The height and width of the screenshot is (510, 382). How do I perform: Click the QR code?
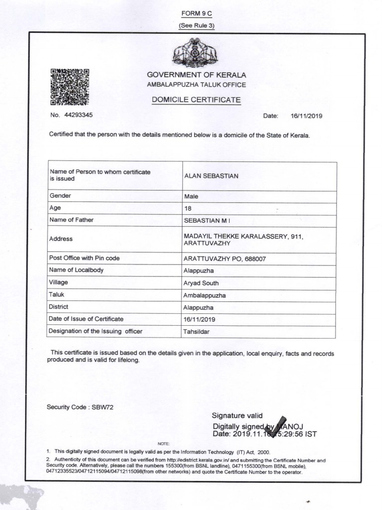pyautogui.click(x=70, y=87)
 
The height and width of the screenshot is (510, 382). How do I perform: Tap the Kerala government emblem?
pyautogui.click(x=194, y=54)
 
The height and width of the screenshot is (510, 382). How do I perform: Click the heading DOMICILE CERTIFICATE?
pyautogui.click(x=196, y=100)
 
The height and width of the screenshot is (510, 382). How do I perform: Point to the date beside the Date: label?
pyautogui.click(x=307, y=116)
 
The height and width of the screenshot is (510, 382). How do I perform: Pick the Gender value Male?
pyautogui.click(x=191, y=196)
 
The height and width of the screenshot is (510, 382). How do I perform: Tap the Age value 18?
pyautogui.click(x=188, y=208)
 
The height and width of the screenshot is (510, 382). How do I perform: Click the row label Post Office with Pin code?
pyautogui.click(x=85, y=258)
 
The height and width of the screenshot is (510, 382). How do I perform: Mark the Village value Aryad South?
pyautogui.click(x=201, y=283)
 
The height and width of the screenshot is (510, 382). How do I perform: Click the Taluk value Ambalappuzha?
pyautogui.click(x=205, y=295)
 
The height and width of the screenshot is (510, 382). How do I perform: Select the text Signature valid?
pyautogui.click(x=234, y=416)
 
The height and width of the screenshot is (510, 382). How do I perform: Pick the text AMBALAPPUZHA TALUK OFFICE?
pyautogui.click(x=196, y=85)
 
